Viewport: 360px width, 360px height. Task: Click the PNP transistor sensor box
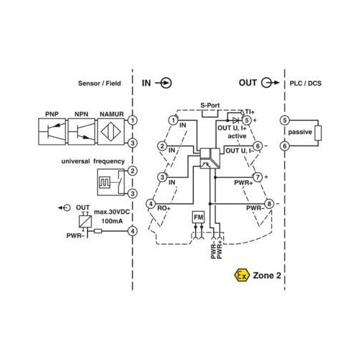point(52,132)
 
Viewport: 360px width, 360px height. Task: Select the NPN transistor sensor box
point(81,132)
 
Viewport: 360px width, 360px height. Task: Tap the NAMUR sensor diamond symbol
point(111,132)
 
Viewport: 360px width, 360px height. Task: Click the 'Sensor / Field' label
point(99,84)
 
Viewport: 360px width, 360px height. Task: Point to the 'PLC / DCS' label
point(305,84)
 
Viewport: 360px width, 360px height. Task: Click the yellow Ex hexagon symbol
point(242,275)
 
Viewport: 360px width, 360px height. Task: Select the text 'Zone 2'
point(267,275)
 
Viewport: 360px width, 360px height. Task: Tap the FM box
point(199,217)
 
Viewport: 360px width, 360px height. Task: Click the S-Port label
point(210,105)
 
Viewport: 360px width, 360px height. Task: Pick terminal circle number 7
point(258,177)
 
